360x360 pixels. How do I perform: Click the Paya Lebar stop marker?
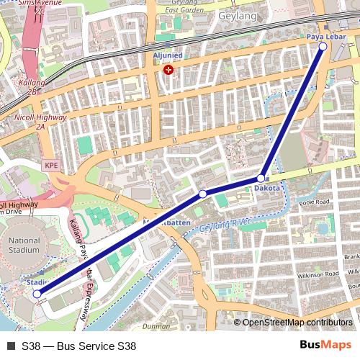tap(323, 46)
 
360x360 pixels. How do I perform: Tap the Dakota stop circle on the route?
tap(261, 178)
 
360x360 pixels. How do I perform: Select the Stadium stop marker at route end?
tap(37, 294)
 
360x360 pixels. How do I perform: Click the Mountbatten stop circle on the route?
tap(203, 194)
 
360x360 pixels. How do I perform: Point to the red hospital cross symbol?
tap(168, 70)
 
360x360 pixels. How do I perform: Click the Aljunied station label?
tap(168, 55)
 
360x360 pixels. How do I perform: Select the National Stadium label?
tap(25, 245)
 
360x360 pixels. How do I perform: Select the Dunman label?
tap(156, 326)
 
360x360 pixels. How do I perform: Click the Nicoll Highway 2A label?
tap(41, 122)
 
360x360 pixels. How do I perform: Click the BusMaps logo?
tap(325, 345)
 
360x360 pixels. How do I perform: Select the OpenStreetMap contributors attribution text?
tap(297, 323)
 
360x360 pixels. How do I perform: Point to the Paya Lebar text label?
tap(322, 35)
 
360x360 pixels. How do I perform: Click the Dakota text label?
tap(266, 189)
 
